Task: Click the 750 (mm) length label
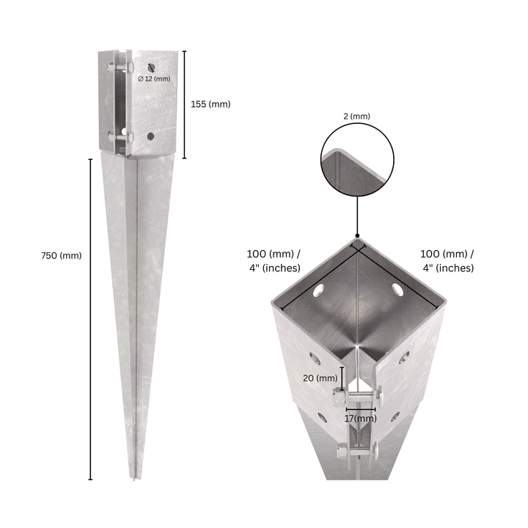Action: click(x=62, y=256)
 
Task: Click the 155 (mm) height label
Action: click(x=210, y=104)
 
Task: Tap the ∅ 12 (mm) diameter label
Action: click(x=154, y=78)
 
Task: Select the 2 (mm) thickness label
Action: click(x=356, y=116)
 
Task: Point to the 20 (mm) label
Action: click(x=320, y=378)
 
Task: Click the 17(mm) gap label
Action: click(x=360, y=419)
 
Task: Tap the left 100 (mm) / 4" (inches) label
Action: click(x=274, y=260)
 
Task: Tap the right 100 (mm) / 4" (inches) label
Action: click(x=448, y=260)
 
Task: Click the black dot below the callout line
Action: click(x=357, y=235)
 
